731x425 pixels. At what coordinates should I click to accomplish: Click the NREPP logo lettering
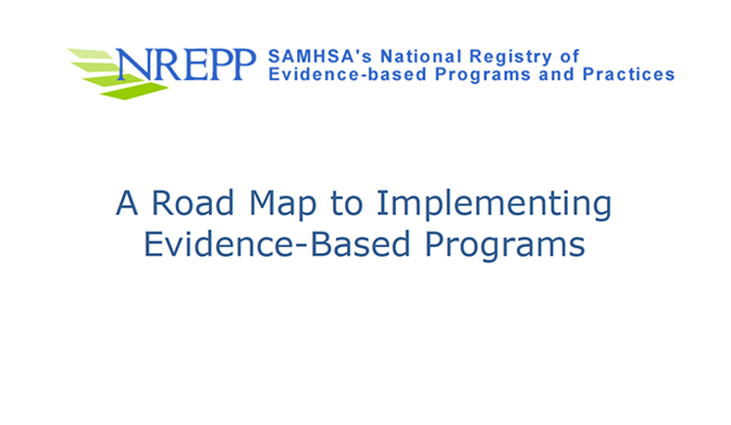[187, 64]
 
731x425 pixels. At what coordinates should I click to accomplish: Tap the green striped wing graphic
[117, 73]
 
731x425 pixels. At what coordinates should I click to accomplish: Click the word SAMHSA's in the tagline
[320, 57]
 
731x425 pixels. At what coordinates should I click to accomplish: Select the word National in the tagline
[421, 57]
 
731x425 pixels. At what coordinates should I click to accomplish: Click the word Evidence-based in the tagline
[347, 74]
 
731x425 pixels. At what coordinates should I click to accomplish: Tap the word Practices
[628, 74]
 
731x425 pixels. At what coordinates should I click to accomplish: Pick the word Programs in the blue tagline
[483, 75]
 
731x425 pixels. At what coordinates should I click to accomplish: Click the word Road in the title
[193, 202]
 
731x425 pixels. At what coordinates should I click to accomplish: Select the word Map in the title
[282, 205]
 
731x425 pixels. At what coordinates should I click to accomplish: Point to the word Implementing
[494, 205]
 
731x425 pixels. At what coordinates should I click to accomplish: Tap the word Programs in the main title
[505, 245]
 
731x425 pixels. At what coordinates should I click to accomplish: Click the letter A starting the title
[127, 202]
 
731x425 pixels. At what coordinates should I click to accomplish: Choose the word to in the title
[346, 204]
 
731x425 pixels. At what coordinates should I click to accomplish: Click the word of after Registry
[570, 57]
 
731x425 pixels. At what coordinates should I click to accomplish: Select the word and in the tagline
[557, 74]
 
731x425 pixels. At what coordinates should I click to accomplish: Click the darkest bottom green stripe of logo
[134, 91]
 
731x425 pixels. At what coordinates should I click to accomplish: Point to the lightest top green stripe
[91, 54]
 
